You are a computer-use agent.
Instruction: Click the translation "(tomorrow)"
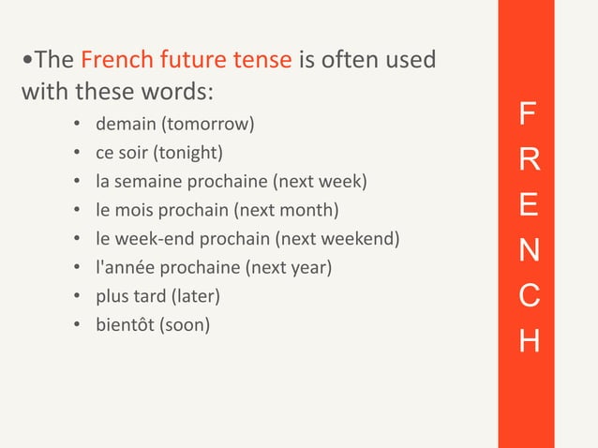pyautogui.click(x=207, y=124)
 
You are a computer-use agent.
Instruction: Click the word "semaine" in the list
pyautogui.click(x=145, y=180)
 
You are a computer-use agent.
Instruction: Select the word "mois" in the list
pyautogui.click(x=140, y=209)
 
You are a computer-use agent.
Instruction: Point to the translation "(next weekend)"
pyautogui.click(x=346, y=238)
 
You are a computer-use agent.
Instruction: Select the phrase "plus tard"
pyautogui.click(x=127, y=296)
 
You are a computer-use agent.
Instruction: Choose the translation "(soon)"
pyautogui.click(x=186, y=325)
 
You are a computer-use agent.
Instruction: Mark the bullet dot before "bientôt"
pyautogui.click(x=76, y=325)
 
